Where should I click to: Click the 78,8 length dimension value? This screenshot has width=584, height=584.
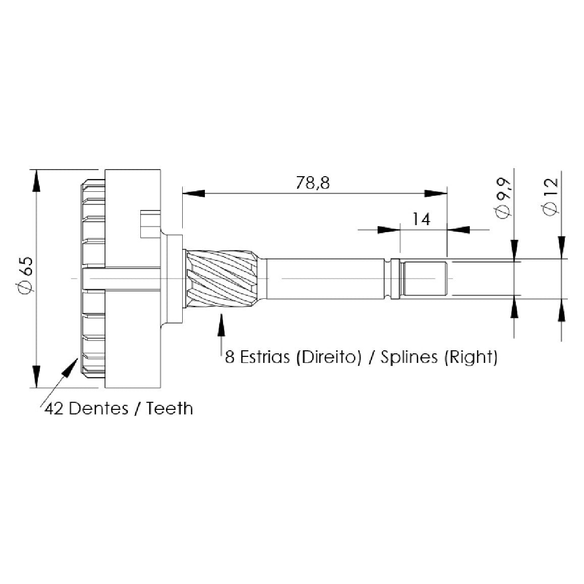pos(313,183)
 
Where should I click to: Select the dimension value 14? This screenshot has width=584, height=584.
pos(421,220)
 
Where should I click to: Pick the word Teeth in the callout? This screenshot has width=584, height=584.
pos(170,408)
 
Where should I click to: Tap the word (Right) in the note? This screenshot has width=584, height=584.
pos(471,357)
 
